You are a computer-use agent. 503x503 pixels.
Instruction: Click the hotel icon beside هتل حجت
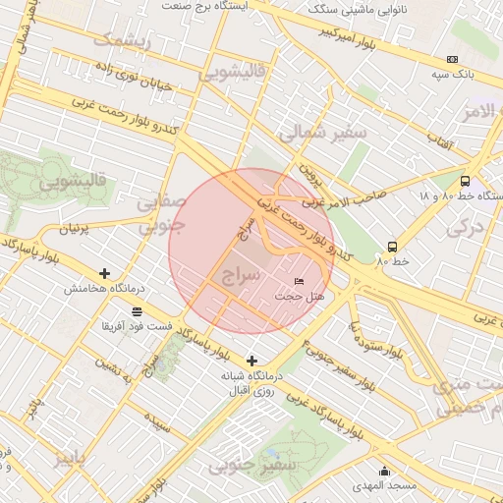pyautogui.click(x=299, y=282)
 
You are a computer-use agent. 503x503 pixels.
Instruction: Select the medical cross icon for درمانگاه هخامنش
pyautogui.click(x=105, y=273)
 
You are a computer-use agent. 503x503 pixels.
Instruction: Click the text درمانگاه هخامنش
pyautogui.click(x=105, y=289)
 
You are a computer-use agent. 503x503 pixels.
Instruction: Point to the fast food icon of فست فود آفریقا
pyautogui.click(x=135, y=311)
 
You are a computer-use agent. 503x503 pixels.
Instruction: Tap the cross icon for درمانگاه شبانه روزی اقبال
pyautogui.click(x=252, y=361)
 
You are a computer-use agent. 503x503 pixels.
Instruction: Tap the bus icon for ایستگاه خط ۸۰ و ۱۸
pyautogui.click(x=465, y=181)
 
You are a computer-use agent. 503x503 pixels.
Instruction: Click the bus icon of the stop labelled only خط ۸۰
pyautogui.click(x=392, y=247)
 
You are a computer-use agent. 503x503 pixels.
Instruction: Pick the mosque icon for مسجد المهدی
pyautogui.click(x=384, y=471)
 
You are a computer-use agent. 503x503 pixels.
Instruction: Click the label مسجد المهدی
pyautogui.click(x=388, y=486)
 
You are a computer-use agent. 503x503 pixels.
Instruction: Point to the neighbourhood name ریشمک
pyautogui.click(x=123, y=40)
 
